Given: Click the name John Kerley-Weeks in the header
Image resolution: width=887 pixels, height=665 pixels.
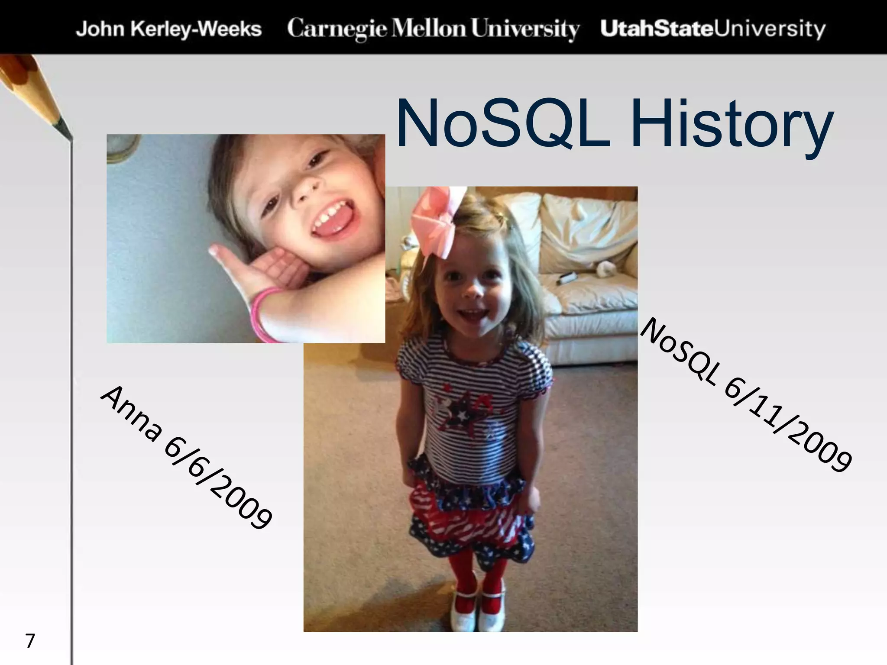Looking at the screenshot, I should [169, 29].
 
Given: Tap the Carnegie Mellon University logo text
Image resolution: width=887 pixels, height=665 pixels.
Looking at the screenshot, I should [433, 29].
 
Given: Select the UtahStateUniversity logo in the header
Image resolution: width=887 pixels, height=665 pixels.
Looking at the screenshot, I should [713, 29].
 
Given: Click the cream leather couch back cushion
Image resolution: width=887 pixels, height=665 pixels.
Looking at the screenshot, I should [585, 225].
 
